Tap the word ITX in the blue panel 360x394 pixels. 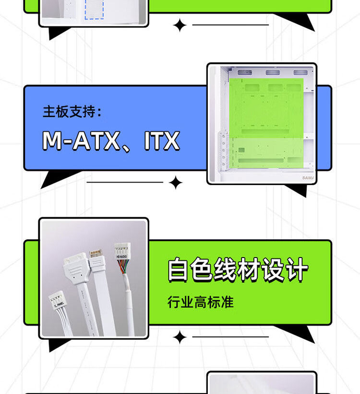coord(162,141)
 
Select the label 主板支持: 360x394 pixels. coord(72,112)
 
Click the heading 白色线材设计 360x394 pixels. coord(238,271)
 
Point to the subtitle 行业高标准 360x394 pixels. coord(200,302)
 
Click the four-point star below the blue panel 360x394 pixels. coord(176,183)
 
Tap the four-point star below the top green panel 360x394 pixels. coord(180,25)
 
